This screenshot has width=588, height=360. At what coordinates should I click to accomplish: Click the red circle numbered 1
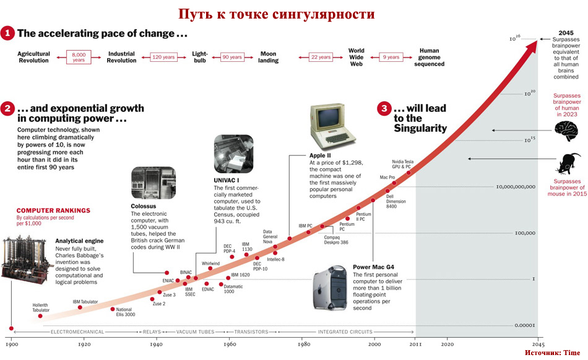point(7,33)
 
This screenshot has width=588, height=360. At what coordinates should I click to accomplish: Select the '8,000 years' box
point(79,57)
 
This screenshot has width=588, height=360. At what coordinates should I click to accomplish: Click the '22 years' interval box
point(321,57)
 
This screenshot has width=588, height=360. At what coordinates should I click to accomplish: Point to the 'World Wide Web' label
point(356,57)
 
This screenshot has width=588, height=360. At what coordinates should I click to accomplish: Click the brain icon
point(566,131)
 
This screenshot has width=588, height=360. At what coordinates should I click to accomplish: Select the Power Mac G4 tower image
point(329,287)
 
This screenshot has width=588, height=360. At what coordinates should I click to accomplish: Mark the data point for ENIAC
point(166,272)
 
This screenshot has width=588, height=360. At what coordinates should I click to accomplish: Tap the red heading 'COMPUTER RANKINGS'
point(53,210)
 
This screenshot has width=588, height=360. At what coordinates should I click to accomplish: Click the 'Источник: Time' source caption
point(552,353)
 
